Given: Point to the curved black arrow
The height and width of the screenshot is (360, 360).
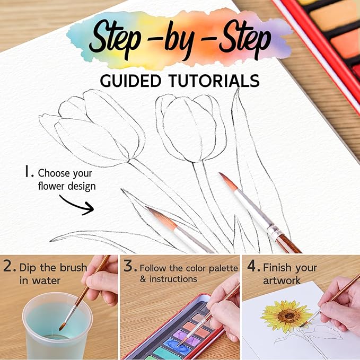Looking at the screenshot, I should pyautogui.click(x=76, y=204).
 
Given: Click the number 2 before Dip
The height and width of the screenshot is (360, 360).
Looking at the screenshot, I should pyautogui.click(x=8, y=267).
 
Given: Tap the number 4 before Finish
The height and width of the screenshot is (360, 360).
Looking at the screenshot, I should pyautogui.click(x=251, y=267).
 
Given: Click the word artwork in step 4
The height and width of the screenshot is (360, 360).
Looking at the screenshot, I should pyautogui.click(x=282, y=280).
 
